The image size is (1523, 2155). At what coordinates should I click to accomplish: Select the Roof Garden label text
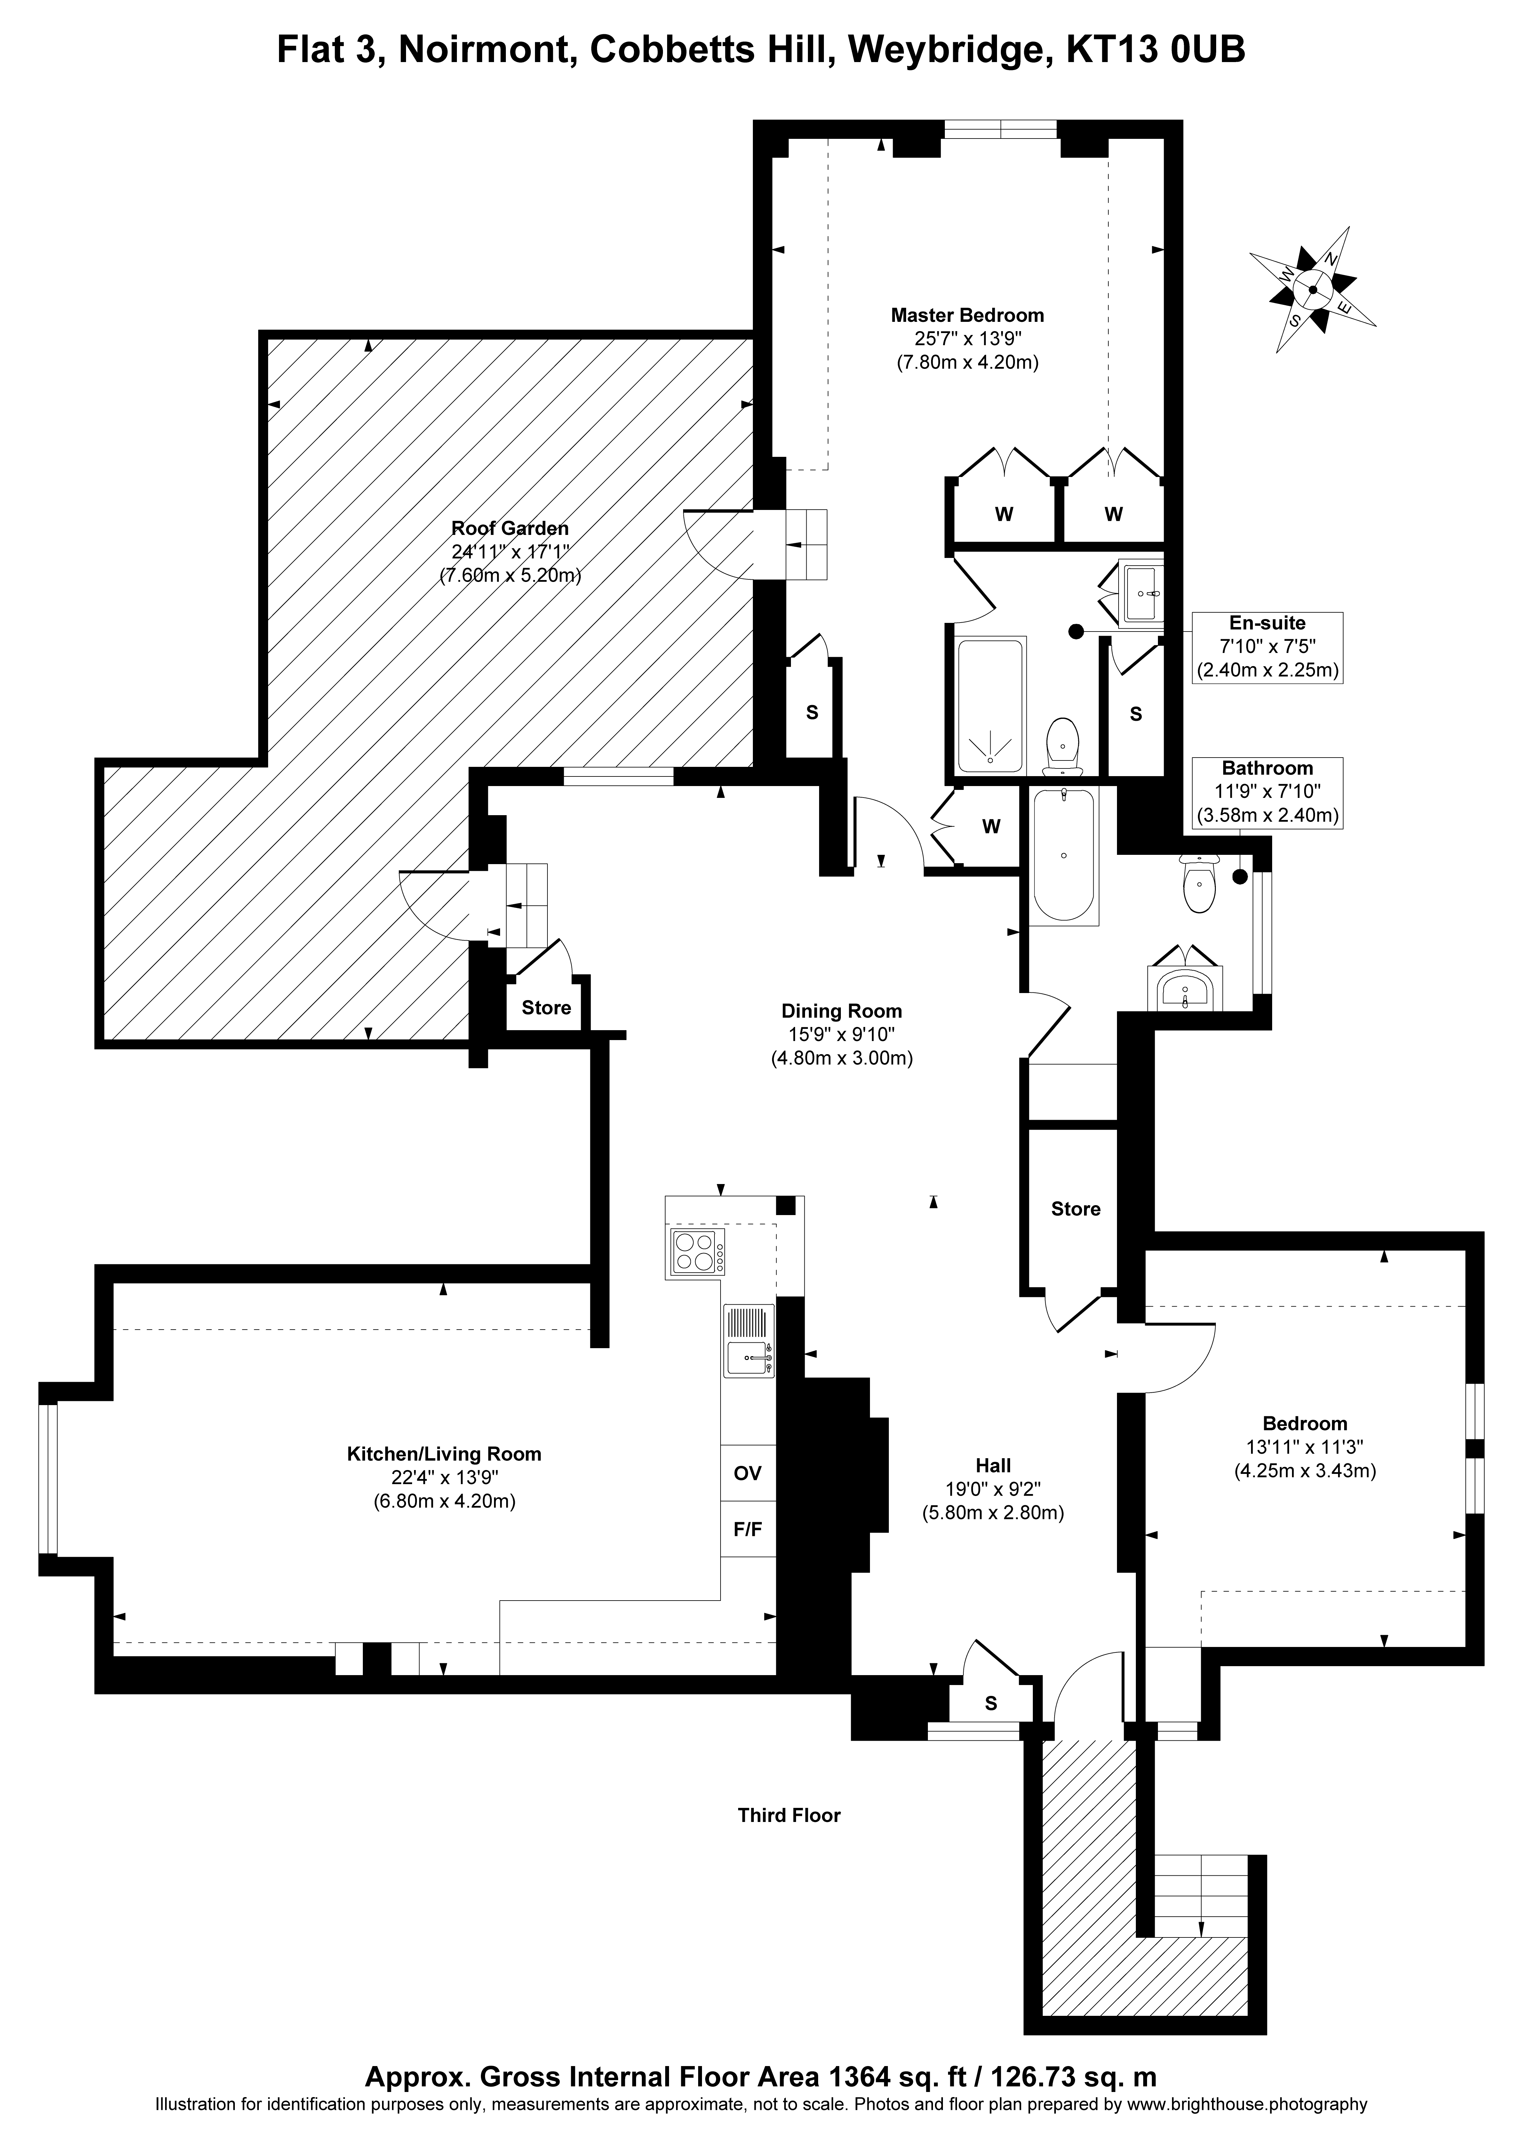pos(510,529)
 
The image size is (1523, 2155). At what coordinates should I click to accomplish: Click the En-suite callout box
pos(1267,647)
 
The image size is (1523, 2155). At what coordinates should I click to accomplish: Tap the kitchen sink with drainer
pos(748,1340)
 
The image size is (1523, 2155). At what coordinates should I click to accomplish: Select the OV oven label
pos(747,1474)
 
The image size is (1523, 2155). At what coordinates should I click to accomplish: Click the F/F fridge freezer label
pos(747,1530)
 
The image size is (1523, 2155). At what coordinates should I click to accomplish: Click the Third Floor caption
pos(789,1815)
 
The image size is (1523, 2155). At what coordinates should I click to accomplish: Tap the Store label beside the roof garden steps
pos(546,1008)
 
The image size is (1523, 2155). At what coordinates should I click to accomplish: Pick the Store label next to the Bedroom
pos(1075,1209)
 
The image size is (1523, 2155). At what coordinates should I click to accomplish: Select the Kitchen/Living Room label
pos(444,1454)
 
